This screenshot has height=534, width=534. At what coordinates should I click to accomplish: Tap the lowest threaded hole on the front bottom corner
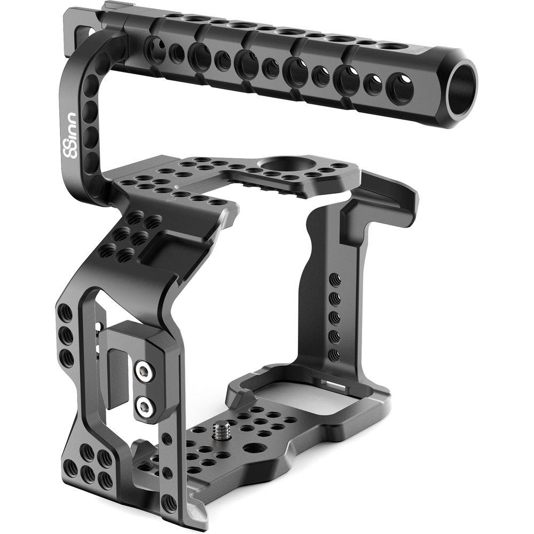(x=169, y=502)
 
